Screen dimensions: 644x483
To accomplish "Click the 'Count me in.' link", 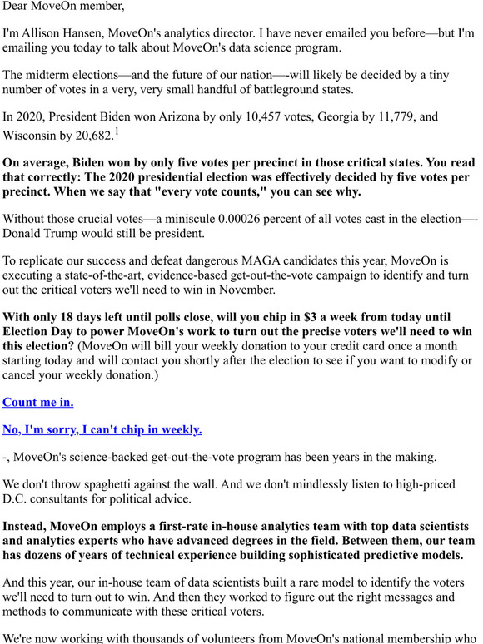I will [38, 402].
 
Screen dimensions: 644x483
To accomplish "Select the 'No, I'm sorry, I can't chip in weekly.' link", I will [102, 429].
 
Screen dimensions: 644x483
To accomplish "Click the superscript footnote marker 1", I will [117, 131].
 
